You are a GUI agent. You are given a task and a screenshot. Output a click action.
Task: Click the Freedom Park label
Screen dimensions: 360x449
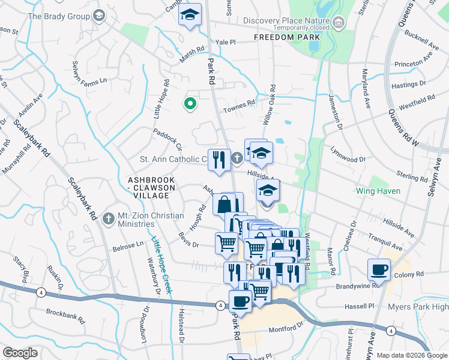point(285,37)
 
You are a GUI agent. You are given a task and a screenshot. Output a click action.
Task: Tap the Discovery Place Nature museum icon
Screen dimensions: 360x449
point(339,23)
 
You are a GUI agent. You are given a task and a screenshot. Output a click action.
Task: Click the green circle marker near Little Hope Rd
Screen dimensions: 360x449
point(190,104)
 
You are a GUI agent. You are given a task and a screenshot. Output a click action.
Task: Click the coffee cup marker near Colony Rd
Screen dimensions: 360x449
point(379,269)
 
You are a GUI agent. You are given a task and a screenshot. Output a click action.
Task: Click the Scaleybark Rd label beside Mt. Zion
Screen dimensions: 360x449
point(82,198)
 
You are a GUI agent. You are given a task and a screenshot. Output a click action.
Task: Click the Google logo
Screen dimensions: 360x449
point(20,353)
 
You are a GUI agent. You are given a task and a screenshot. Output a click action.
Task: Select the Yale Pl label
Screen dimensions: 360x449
point(227,43)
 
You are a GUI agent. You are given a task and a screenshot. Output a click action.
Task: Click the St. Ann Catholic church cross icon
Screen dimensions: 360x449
point(237,158)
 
